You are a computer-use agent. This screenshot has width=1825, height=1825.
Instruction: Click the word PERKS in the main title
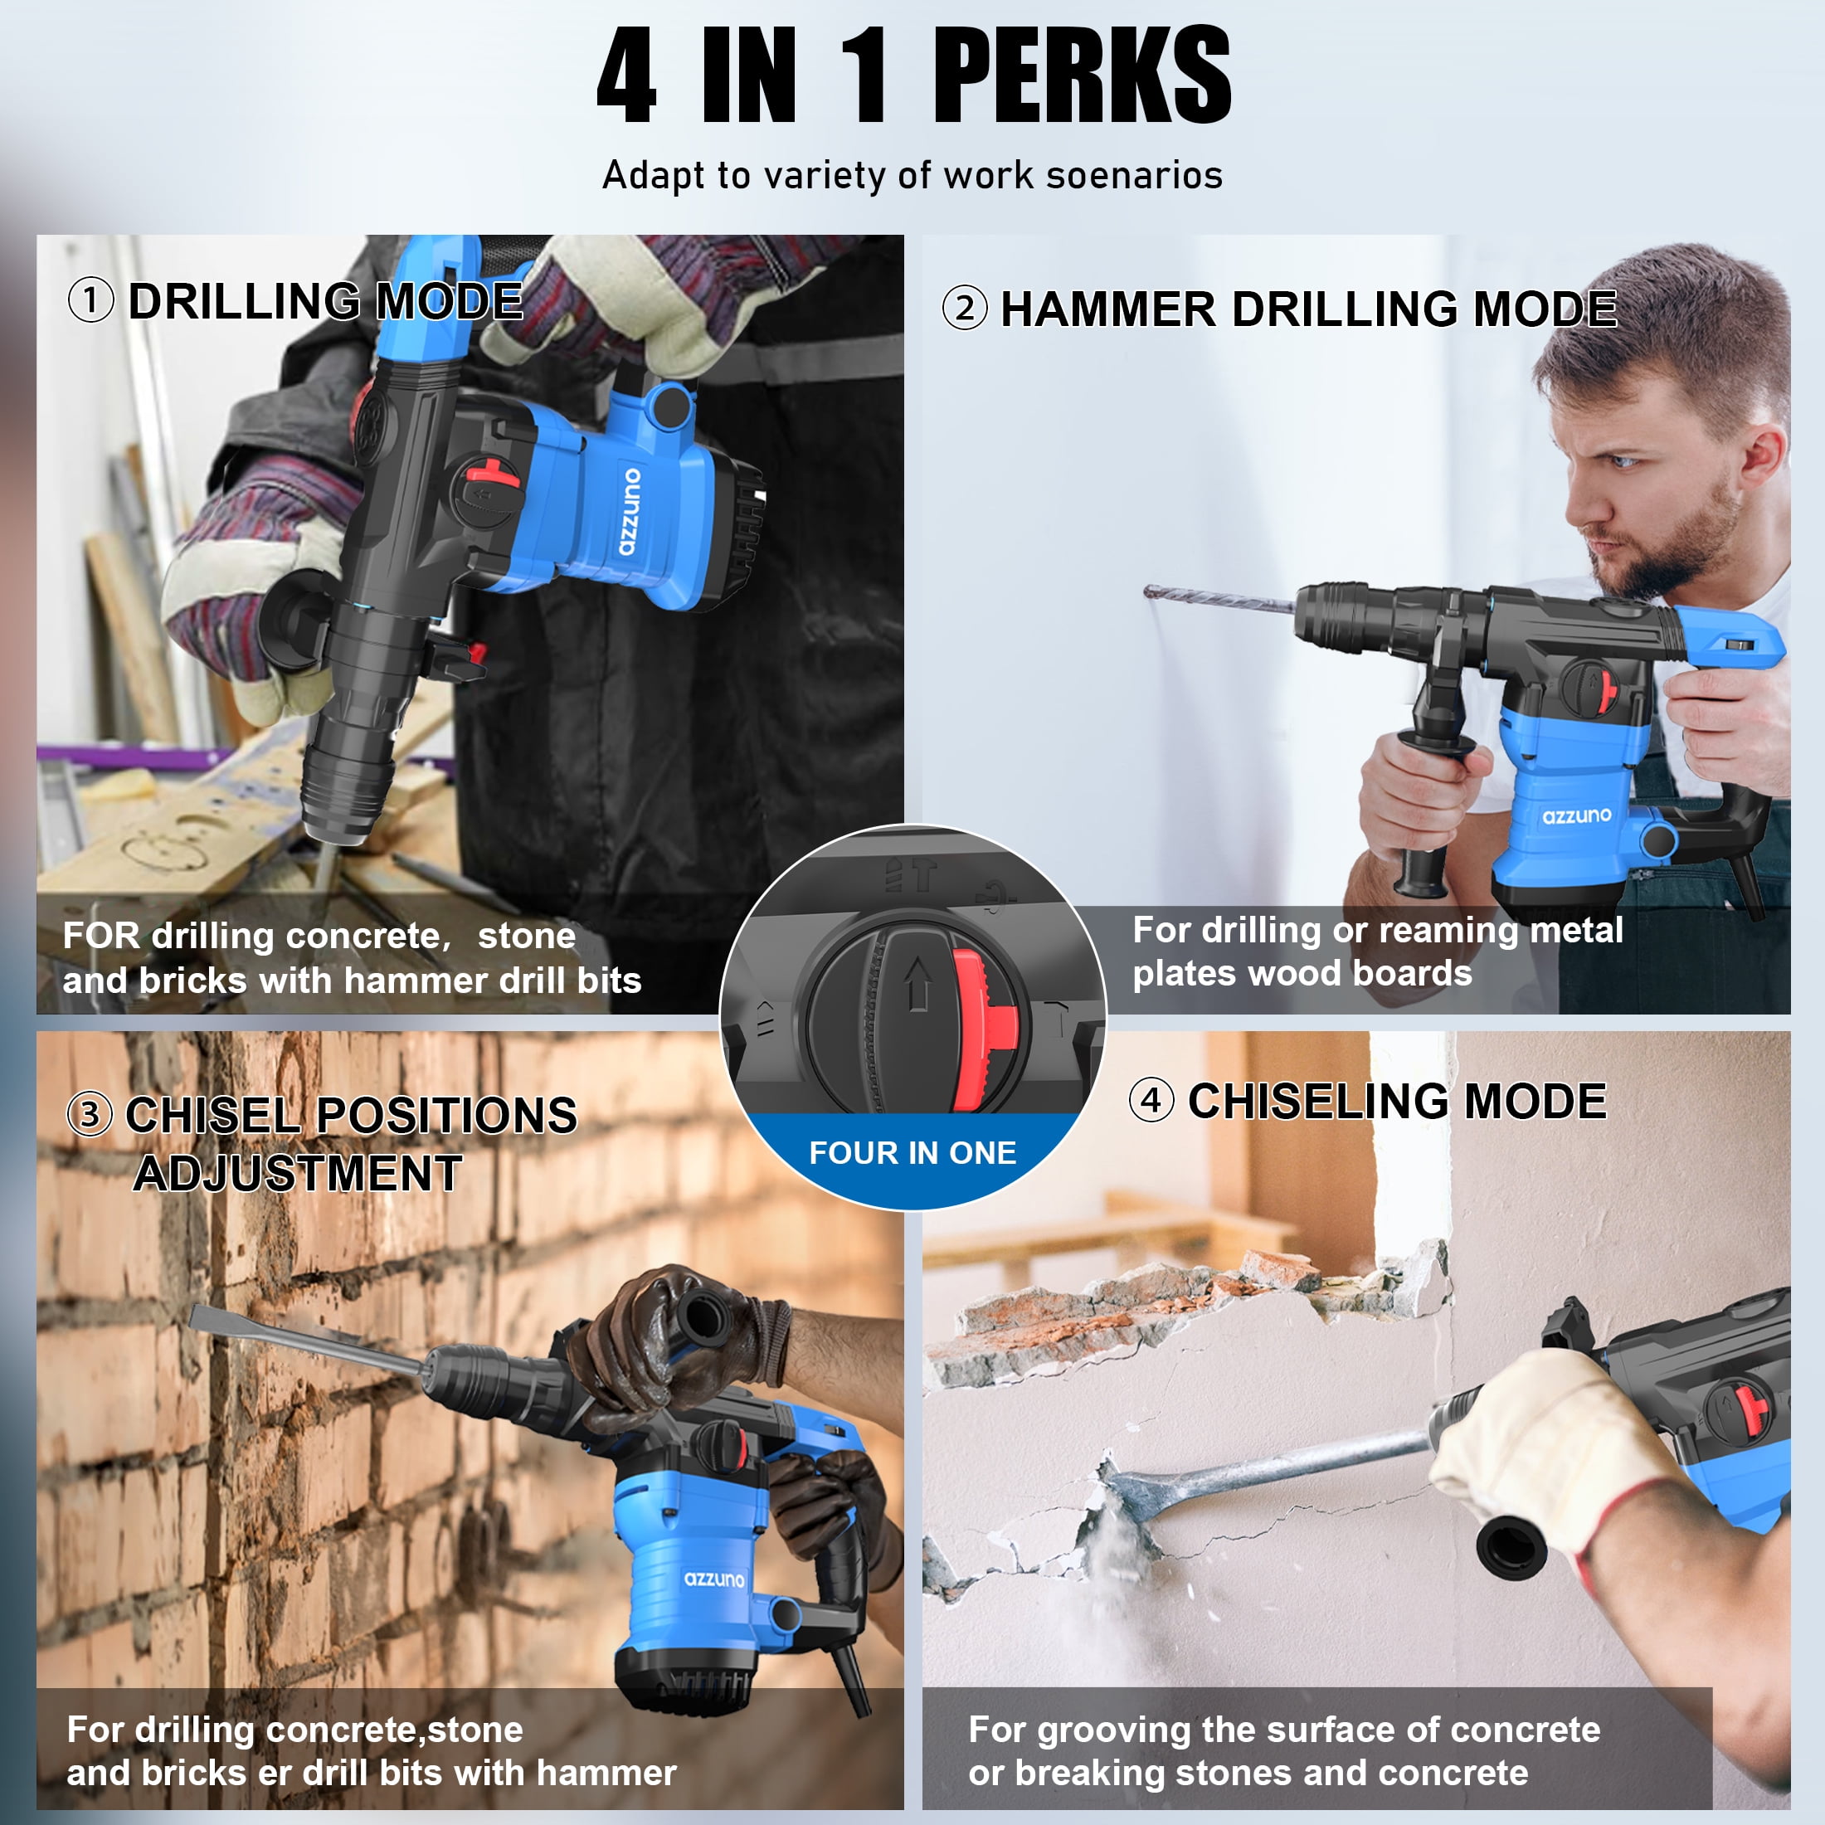[1083, 75]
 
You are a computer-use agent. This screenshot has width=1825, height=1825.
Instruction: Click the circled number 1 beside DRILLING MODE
[90, 300]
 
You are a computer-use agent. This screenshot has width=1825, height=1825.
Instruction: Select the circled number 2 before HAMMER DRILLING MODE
[965, 308]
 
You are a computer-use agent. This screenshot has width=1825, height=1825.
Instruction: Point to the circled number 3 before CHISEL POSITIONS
[90, 1114]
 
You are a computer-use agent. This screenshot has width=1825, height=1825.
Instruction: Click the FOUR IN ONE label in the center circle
[912, 1152]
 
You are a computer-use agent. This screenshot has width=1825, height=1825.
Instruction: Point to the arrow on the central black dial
[917, 983]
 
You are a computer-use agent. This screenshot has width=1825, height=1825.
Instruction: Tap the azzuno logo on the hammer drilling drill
[1577, 815]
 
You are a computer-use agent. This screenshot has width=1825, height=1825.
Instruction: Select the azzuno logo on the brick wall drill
[714, 1579]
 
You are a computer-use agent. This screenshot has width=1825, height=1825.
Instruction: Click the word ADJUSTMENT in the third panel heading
[298, 1173]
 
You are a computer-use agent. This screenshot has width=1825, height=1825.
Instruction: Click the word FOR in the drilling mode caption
[101, 935]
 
